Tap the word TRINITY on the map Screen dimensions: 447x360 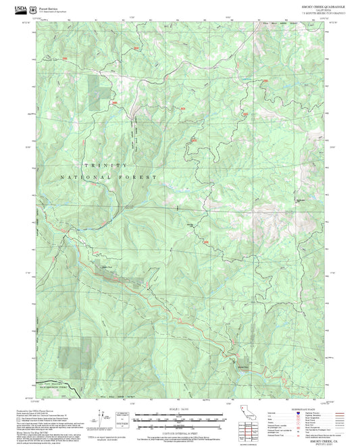[104, 165]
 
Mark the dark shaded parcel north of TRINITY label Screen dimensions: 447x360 [98, 88]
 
